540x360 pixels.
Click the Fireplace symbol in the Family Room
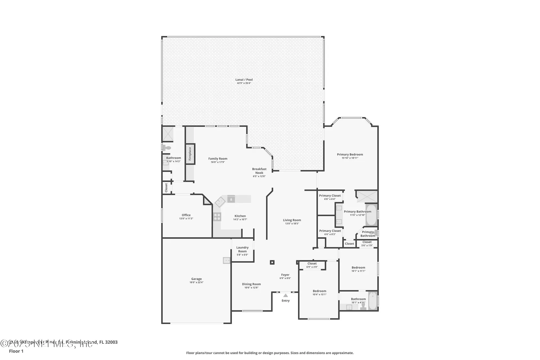click(x=190, y=154)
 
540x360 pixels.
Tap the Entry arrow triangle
click(x=285, y=295)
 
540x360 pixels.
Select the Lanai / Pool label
click(x=244, y=80)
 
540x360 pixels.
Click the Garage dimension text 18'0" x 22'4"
click(x=196, y=282)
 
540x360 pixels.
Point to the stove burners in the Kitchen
click(x=217, y=217)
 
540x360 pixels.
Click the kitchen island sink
click(x=231, y=199)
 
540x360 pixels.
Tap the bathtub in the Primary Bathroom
click(x=371, y=215)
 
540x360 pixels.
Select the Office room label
click(x=186, y=215)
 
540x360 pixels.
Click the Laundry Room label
click(x=242, y=249)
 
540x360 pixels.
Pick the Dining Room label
click(x=251, y=284)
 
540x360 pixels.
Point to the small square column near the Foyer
click(x=272, y=262)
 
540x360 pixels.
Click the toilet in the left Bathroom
click(x=167, y=148)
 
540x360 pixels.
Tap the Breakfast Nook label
click(x=259, y=171)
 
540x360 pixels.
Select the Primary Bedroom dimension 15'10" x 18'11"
click(x=350, y=158)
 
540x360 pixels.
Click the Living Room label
click(x=292, y=220)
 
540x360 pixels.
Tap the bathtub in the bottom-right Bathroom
click(x=373, y=301)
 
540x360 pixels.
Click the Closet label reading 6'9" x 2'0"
click(x=312, y=267)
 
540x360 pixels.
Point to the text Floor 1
click(x=16, y=351)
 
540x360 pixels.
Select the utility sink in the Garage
click(x=226, y=260)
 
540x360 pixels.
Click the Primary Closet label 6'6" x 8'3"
click(x=330, y=234)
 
